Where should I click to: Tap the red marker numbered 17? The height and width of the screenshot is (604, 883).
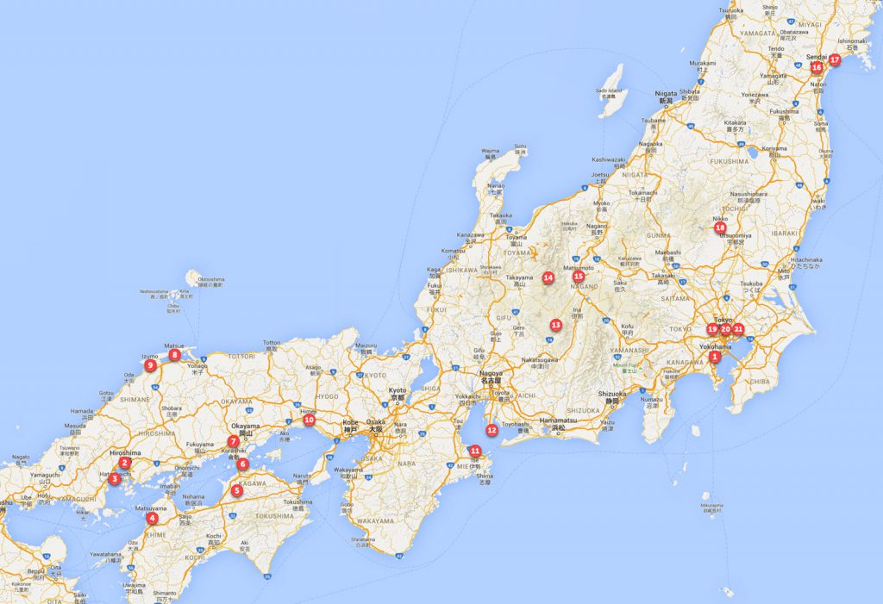click(834, 59)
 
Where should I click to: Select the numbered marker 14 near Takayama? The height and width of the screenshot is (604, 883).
click(548, 277)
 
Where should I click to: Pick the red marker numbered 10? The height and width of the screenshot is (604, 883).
click(309, 420)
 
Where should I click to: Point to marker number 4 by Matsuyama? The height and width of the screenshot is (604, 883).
click(153, 518)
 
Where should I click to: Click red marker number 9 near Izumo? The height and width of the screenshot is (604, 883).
click(151, 365)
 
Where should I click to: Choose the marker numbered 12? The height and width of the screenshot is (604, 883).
click(492, 429)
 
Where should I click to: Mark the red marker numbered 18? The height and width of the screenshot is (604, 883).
click(720, 227)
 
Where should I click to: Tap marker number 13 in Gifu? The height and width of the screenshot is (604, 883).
click(555, 325)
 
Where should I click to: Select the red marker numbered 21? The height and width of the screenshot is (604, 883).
click(738, 328)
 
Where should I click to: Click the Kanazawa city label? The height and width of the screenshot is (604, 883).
click(471, 234)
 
